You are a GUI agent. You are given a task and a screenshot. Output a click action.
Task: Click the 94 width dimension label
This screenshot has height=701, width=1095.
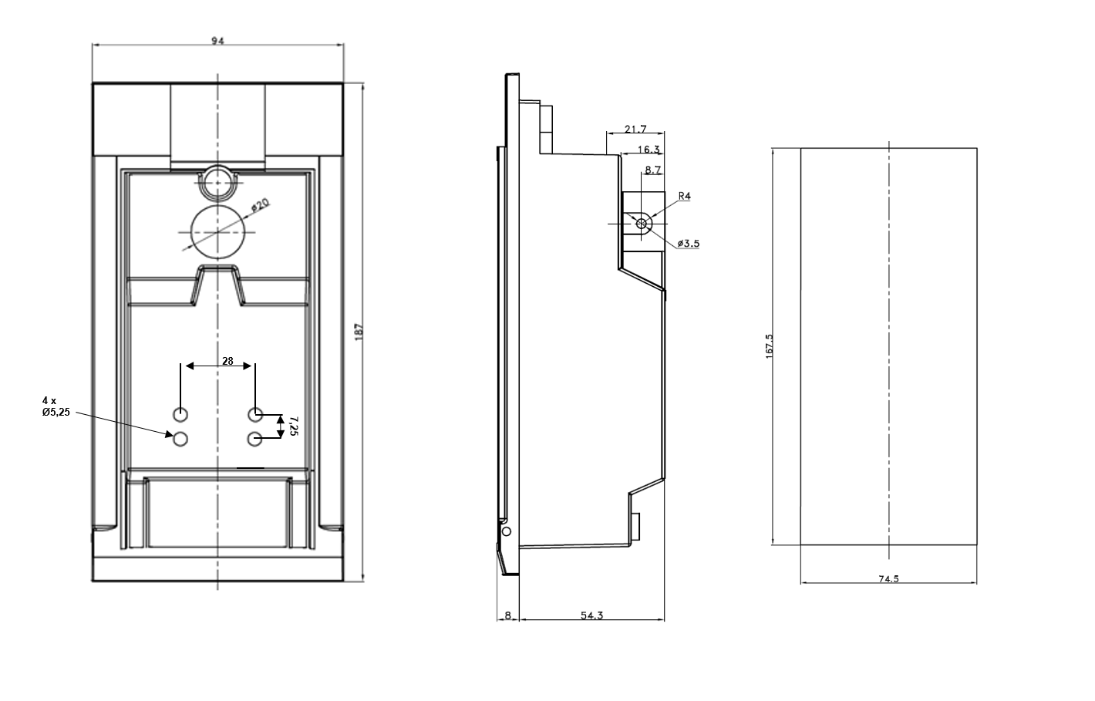point(217,42)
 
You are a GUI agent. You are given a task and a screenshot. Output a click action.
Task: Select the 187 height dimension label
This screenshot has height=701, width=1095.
point(358,332)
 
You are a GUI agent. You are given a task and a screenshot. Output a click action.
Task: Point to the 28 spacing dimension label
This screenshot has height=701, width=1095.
point(227,360)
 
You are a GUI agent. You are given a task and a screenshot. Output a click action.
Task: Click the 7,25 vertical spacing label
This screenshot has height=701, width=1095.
point(293,426)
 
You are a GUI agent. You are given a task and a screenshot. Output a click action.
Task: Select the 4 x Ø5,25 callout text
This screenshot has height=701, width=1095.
point(55,406)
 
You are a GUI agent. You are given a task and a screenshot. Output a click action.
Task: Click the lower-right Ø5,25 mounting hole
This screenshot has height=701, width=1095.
point(255,439)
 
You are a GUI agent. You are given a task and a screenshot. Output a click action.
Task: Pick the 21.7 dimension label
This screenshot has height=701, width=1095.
point(635,129)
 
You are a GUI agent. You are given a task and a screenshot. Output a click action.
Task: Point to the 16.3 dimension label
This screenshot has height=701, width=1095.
point(649,150)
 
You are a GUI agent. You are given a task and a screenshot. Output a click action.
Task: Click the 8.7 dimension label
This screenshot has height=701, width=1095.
point(652,170)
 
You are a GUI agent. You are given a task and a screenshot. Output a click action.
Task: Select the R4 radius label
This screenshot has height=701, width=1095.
point(684,197)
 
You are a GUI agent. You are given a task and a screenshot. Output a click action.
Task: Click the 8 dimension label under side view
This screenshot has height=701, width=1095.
point(507,615)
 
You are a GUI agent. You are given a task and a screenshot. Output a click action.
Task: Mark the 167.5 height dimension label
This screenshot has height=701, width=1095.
point(769,345)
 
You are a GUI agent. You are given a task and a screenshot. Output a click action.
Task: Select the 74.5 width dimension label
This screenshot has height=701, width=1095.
point(888,579)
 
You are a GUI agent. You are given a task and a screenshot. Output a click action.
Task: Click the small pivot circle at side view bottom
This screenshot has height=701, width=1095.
point(506,531)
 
